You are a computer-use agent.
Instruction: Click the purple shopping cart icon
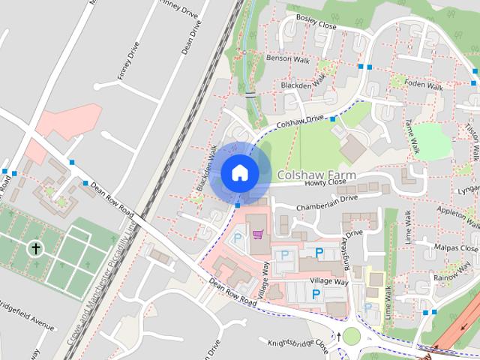click(x=257, y=235)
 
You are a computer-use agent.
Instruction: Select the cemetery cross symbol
click(x=34, y=247)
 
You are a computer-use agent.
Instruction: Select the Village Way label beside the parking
click(x=330, y=280)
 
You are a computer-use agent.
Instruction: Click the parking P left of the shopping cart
click(x=238, y=238)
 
